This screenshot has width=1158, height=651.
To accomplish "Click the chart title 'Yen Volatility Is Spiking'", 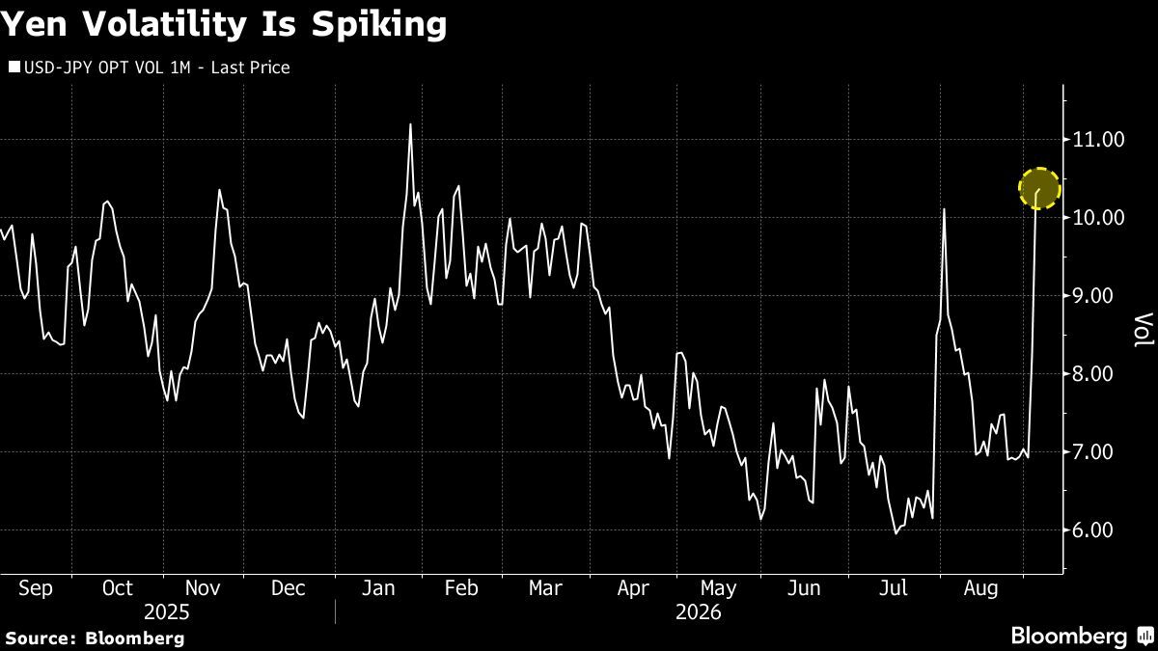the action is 223,25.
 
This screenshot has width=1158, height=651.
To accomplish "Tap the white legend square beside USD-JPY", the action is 14,68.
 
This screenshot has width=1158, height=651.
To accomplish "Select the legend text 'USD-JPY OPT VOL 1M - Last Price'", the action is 157,68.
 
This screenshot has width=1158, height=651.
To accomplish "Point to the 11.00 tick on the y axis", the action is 1098,140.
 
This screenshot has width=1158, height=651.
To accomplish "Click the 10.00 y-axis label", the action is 1098,218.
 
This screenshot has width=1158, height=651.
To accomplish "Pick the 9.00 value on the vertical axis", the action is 1098,296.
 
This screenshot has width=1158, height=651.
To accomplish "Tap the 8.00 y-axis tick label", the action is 1098,374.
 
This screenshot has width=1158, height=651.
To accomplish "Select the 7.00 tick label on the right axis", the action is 1098,452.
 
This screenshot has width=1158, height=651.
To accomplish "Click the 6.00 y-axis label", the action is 1098,530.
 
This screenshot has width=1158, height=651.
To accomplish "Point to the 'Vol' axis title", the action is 1143,330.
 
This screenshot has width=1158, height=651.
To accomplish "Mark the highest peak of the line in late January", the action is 410,124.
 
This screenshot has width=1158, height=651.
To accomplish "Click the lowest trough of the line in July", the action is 896,532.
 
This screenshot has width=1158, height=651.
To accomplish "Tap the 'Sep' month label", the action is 36,588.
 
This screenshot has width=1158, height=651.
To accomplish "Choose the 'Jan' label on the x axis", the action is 378,588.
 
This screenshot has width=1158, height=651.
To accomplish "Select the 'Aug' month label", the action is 980,588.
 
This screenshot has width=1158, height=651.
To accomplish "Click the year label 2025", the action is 166,612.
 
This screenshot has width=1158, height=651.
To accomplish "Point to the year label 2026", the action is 698,612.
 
